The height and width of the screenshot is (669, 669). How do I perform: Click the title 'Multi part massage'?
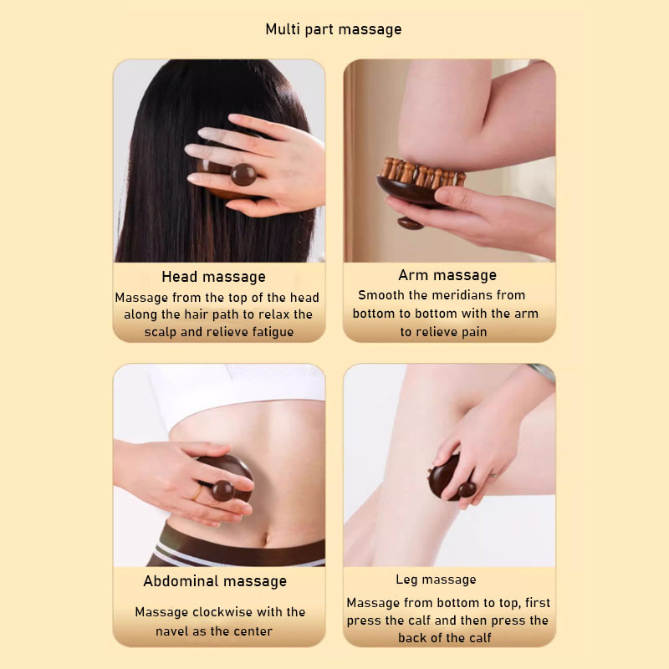(x=333, y=29)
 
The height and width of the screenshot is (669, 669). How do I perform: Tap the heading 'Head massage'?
(x=214, y=277)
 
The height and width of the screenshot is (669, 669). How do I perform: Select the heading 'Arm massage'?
(x=447, y=275)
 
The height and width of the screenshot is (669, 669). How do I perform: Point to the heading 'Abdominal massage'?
(x=215, y=581)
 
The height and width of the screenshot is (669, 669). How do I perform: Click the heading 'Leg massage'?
(x=436, y=580)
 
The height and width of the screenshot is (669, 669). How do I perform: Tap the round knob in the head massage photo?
(x=243, y=175)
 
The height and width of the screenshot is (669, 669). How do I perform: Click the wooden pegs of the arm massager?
(x=421, y=172)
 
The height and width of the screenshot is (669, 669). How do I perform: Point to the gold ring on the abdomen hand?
(x=197, y=493)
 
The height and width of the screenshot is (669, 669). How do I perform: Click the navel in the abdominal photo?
(x=266, y=539)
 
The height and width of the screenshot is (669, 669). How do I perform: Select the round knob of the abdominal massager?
(x=223, y=491)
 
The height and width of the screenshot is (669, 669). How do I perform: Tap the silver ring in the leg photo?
(x=493, y=475)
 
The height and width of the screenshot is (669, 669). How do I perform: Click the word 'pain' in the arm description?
(x=474, y=332)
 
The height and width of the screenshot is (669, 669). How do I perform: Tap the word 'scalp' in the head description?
(x=161, y=332)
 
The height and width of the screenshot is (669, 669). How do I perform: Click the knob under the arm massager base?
(x=411, y=223)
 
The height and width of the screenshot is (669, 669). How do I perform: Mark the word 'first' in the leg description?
(x=538, y=603)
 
